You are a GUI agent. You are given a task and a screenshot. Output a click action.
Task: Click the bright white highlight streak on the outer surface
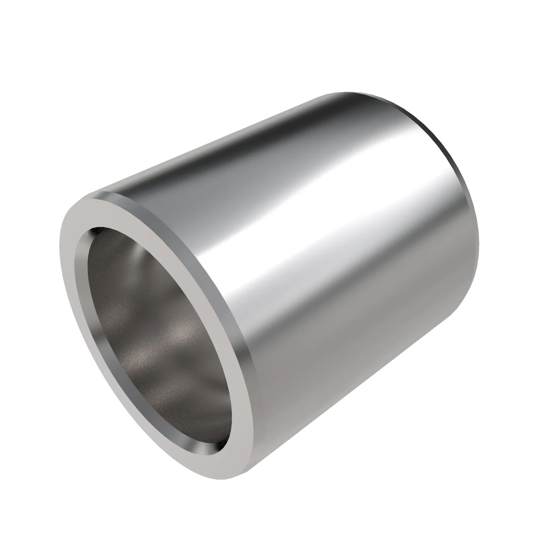(x=324, y=225)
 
